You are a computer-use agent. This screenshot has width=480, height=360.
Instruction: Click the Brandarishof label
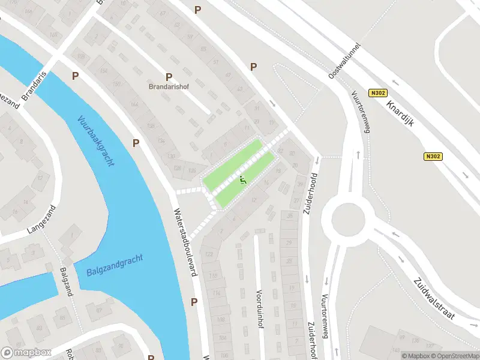coord(169,86)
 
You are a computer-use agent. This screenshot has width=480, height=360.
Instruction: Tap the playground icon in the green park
coord(242,179)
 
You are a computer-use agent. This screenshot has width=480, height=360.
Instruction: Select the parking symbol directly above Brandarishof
coord(169,76)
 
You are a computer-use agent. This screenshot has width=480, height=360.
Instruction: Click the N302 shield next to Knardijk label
coord(378,93)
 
